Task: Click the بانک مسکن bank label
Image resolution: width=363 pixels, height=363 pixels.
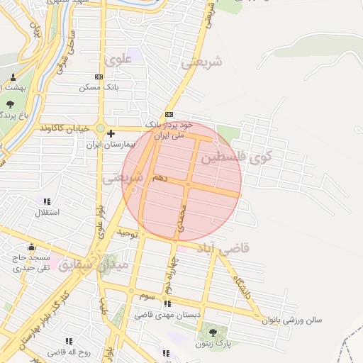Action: [98, 86]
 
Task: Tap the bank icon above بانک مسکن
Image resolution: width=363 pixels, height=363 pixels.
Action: [98, 77]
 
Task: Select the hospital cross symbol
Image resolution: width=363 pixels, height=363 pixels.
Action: [111, 133]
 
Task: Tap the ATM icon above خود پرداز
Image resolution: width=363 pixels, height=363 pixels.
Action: [169, 115]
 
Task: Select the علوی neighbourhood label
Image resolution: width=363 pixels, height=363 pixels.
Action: [118, 60]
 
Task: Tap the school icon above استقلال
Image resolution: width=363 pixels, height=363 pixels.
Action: [48, 201]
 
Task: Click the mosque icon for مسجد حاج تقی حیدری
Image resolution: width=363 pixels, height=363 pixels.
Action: [31, 247]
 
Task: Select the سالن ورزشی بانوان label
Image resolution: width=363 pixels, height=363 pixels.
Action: [291, 320]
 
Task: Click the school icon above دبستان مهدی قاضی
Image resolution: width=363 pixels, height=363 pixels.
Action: [167, 303]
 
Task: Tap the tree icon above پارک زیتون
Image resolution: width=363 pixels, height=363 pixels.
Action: [211, 332]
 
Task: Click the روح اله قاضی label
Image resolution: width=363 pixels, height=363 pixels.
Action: [66, 352]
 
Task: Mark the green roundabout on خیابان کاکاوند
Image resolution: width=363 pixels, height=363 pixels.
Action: [101, 130]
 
